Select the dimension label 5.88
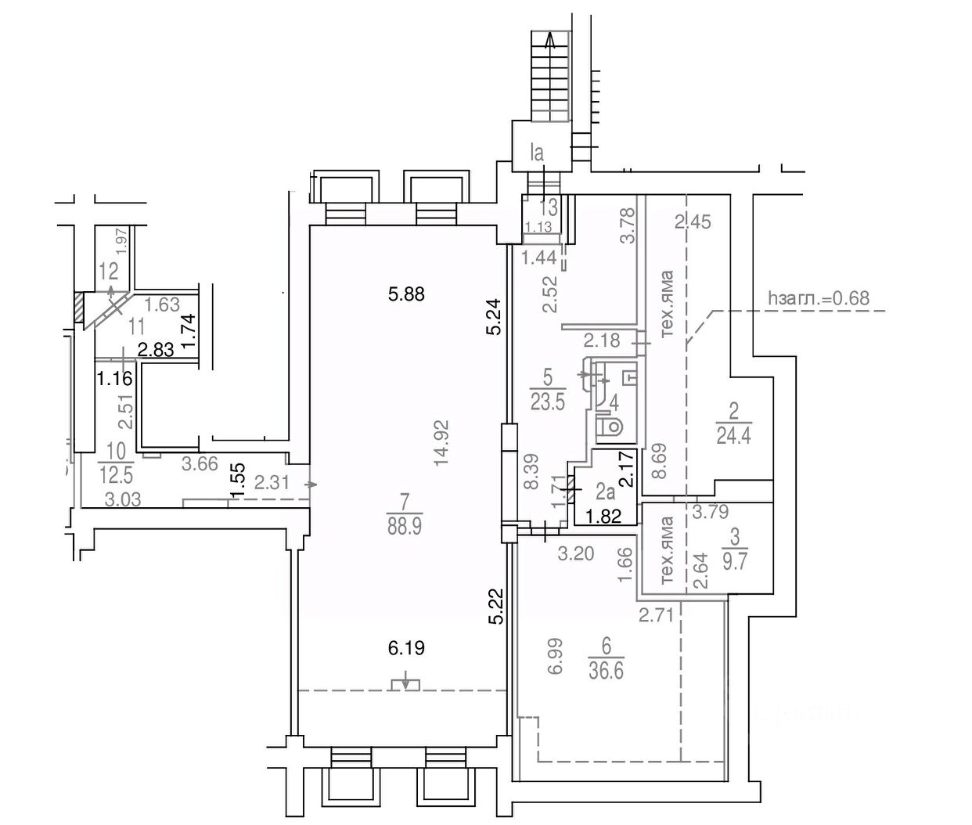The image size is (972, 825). pos(406,294)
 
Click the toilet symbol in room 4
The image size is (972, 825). pos(610,427)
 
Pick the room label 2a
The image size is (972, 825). pos(604,492)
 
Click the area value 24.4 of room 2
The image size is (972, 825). pos(733,435)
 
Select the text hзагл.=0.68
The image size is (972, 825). pos(819,297)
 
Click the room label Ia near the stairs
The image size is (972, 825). pos(537,153)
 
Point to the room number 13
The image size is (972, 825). pos(549,207)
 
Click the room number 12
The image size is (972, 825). pos(109,272)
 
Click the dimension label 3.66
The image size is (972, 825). pos(199,463)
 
